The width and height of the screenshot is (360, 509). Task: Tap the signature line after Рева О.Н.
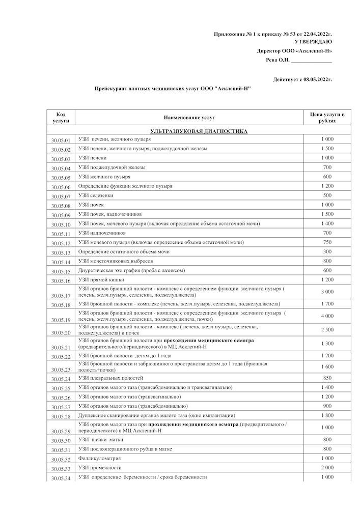(311, 61)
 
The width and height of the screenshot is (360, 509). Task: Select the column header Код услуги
(61, 117)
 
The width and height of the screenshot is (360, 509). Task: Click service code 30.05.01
(61, 140)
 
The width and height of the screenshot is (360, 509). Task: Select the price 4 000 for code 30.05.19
(327, 316)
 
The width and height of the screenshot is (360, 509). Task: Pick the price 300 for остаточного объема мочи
(327, 251)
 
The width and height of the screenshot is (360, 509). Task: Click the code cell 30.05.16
(61, 281)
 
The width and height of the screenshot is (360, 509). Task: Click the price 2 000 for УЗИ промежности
(327, 467)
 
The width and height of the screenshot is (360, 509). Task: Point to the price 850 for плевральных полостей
(327, 378)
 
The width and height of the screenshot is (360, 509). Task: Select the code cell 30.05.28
(61, 417)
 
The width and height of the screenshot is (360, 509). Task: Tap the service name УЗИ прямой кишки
(101, 279)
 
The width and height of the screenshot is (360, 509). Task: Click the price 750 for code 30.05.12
(327, 242)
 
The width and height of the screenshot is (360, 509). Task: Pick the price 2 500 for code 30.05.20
(327, 330)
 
